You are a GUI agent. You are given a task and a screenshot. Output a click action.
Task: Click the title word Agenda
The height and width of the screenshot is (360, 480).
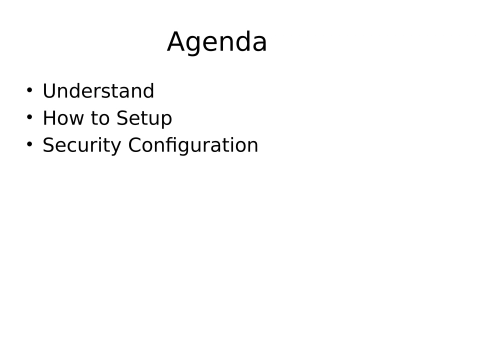tap(217, 43)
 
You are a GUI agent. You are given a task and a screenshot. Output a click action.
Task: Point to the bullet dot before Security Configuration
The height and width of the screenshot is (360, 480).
tap(30, 144)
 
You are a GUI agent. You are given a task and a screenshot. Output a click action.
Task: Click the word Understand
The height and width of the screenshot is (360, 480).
tap(98, 92)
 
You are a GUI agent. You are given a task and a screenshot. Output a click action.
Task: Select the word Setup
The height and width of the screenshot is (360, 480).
tap(145, 119)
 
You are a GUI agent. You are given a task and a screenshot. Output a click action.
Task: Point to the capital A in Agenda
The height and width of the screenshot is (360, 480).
tap(177, 43)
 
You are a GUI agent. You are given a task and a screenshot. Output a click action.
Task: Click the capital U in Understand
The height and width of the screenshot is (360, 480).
tap(49, 92)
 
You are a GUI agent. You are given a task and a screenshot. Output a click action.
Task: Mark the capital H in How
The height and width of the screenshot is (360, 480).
tap(49, 119)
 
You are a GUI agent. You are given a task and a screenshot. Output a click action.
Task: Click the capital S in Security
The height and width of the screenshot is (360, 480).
tap(48, 146)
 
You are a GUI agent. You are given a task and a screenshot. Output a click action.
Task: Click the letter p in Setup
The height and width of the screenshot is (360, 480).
tap(167, 121)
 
